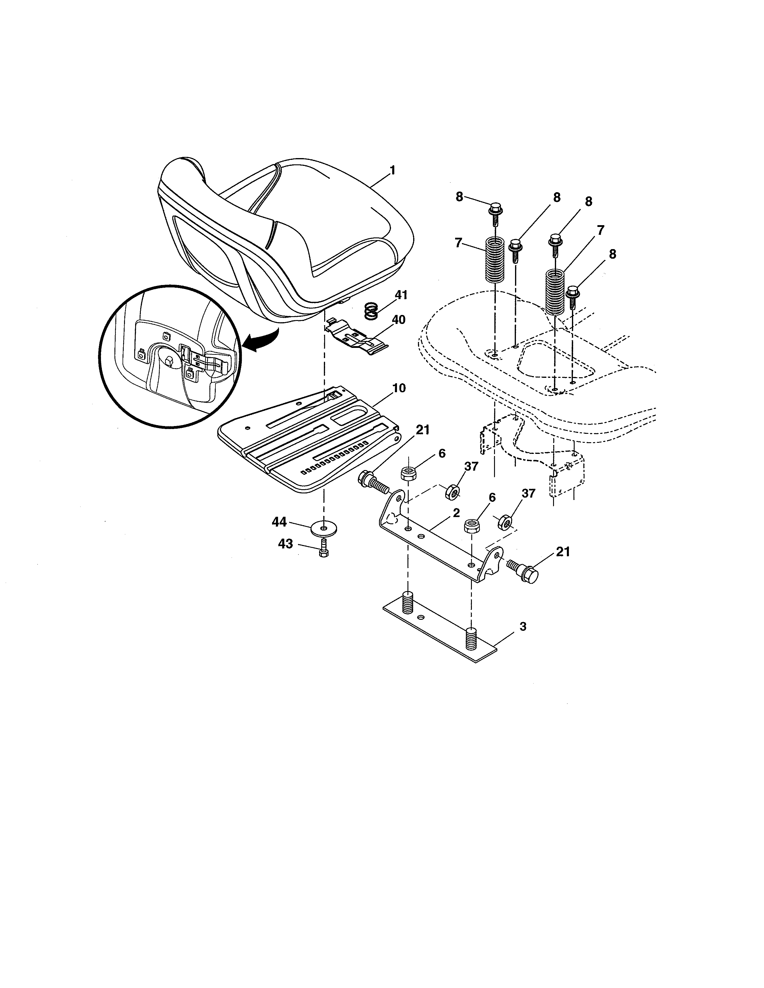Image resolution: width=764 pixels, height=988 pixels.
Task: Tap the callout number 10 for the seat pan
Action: click(399, 388)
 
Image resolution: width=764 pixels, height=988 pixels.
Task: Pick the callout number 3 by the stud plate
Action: click(523, 627)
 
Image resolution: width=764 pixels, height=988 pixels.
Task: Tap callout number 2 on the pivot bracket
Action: click(456, 513)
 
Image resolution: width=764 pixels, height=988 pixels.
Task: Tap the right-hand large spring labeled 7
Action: click(555, 292)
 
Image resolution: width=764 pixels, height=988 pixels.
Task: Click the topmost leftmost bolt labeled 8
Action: click(494, 212)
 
